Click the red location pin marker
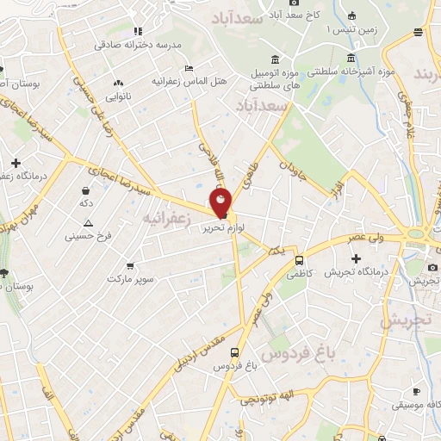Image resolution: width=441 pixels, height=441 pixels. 221,203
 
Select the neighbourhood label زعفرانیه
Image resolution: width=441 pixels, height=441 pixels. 165,217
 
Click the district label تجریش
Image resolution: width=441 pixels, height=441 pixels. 405,320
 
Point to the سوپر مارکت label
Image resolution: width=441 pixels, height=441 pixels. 130,280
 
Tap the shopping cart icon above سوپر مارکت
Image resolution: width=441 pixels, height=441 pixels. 130,266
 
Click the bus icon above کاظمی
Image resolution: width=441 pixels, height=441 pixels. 299,259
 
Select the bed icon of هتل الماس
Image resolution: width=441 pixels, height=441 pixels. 189,67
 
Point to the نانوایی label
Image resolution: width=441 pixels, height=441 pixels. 118,97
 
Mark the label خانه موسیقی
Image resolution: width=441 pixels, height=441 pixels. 417,404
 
